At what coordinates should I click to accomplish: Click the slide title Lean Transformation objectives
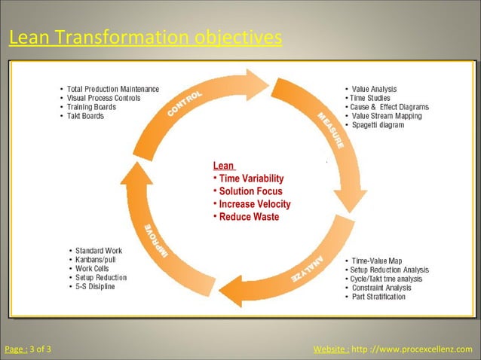coord(146,37)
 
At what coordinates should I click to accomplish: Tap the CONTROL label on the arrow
coord(184,105)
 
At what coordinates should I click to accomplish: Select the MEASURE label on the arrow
coord(330,130)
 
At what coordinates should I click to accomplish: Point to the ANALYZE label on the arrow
coord(307,270)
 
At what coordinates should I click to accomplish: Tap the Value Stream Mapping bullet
coord(387,116)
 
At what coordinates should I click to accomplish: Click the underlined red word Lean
coord(223,166)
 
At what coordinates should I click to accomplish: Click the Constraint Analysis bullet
coord(381,288)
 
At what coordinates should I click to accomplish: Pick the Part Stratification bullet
coord(378,297)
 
